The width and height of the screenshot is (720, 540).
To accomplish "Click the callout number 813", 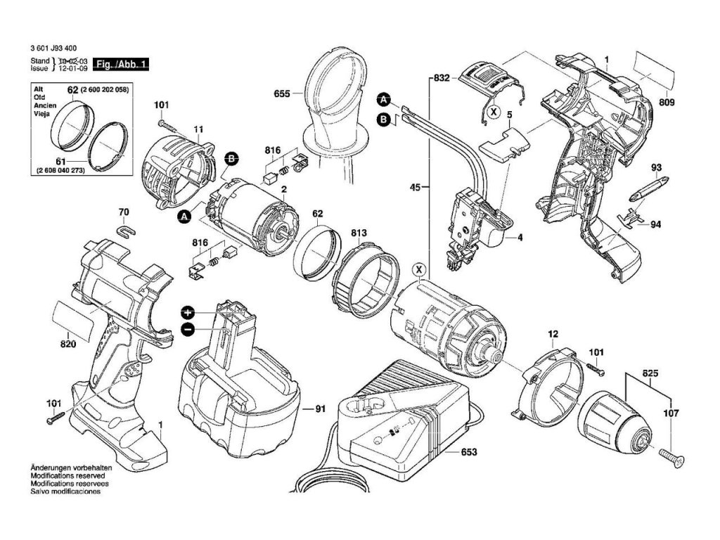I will pos(359,233).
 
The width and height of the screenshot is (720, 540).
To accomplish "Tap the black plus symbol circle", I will pos(188,311).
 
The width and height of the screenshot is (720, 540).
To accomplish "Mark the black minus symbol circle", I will pos(188,329).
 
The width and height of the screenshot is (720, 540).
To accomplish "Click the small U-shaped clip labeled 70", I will pos(124,229).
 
